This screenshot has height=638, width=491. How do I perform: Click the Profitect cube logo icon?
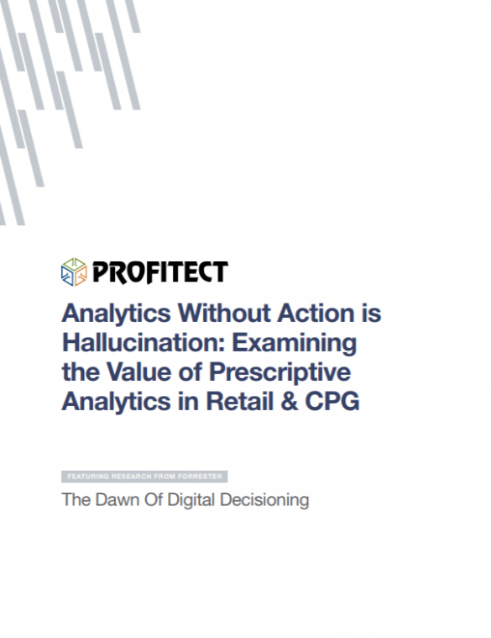point(74,272)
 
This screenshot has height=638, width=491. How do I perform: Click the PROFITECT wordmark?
point(160,272)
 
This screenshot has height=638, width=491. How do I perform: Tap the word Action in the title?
point(316,314)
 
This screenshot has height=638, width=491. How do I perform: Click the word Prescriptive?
point(279,373)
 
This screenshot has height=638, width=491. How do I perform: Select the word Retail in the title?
point(239,401)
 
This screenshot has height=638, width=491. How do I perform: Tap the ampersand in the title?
point(290,402)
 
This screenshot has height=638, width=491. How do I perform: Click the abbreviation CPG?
point(332,402)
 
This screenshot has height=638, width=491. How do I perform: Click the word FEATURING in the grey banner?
point(88,477)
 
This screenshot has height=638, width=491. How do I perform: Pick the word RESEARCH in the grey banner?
point(130,477)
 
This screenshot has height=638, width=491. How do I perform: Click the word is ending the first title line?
point(371,314)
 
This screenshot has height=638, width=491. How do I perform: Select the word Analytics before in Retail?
point(117,403)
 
